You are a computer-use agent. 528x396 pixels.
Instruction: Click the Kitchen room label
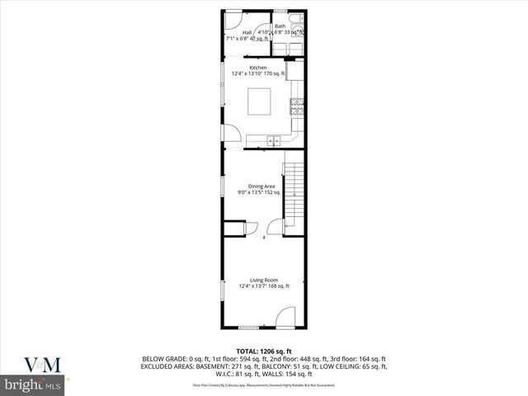tap(258, 68)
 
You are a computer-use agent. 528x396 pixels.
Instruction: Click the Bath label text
tap(280, 26)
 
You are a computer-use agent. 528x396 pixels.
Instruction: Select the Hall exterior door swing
tap(233, 18)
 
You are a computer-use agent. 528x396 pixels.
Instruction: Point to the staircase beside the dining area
tap(294, 194)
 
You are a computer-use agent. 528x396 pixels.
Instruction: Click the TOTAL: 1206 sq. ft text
tap(264, 351)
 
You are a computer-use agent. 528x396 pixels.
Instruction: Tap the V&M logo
tap(33, 364)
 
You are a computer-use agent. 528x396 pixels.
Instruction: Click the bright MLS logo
tap(33, 385)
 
